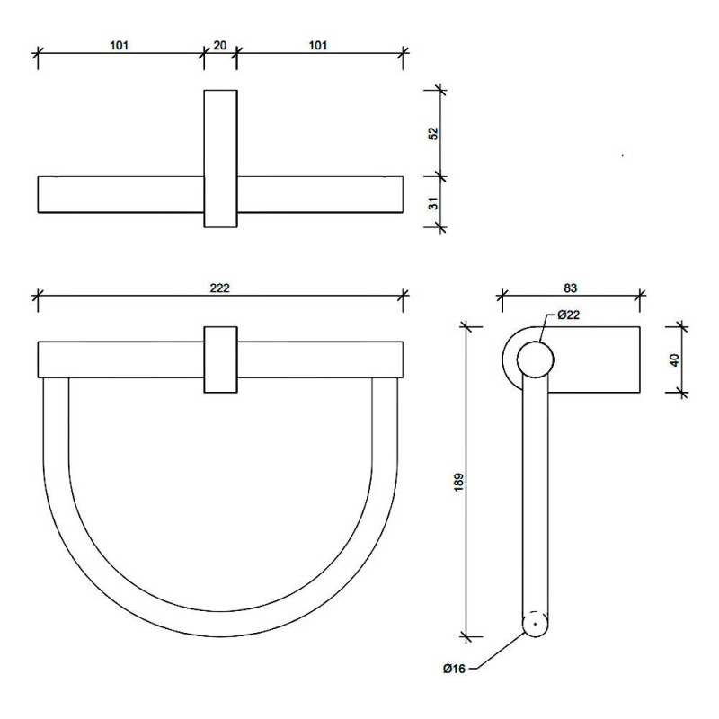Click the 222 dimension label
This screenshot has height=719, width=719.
[x=219, y=288]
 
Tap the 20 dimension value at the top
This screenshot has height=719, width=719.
[x=220, y=46]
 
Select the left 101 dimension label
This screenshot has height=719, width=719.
[x=120, y=46]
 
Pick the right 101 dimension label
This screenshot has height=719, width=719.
[x=318, y=46]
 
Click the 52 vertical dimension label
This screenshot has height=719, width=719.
[x=433, y=133]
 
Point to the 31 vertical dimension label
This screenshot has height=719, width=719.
[x=433, y=203]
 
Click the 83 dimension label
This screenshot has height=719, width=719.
[x=570, y=288]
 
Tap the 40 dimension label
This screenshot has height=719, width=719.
[x=674, y=360]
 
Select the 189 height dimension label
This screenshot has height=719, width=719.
[x=458, y=483]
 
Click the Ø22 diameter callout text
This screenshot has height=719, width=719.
[x=569, y=315]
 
